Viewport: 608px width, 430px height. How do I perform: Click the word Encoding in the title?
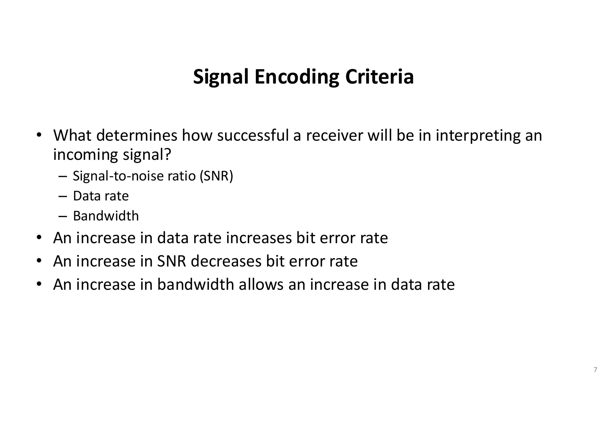coord(297,77)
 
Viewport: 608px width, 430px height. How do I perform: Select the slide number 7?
coord(595,370)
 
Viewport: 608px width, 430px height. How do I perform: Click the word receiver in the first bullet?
coord(335,135)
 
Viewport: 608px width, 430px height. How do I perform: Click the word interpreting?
coord(478,135)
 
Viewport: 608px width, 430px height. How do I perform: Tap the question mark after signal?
coord(168,154)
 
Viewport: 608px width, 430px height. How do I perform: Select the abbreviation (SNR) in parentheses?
coord(216,176)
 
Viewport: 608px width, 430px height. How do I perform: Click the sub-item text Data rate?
coord(101,196)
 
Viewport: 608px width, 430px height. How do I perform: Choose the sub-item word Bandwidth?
coord(106,216)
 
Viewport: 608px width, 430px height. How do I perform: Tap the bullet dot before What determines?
coord(39,135)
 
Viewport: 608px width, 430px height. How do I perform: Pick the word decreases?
coord(226,261)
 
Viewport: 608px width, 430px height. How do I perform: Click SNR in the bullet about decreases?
coord(172,261)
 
